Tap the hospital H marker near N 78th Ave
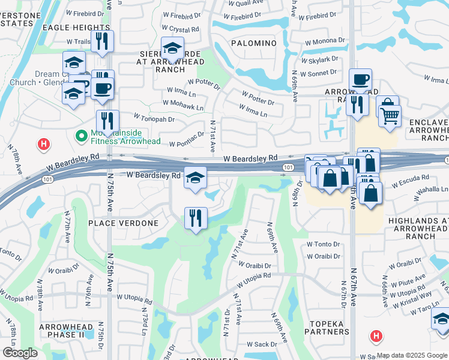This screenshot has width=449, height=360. tap(43, 144)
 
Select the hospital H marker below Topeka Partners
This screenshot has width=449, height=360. tap(376, 335)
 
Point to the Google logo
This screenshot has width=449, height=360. tap(20, 353)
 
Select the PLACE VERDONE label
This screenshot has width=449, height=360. tap(123, 223)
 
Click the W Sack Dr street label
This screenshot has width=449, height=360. tap(262, 344)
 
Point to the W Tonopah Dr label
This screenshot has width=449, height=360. tap(154, 118)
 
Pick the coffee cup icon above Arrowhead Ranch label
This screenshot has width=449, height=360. tap(361, 79)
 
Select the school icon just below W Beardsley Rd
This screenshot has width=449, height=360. tap(195, 178)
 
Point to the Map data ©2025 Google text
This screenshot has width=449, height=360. tap(412, 355)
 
